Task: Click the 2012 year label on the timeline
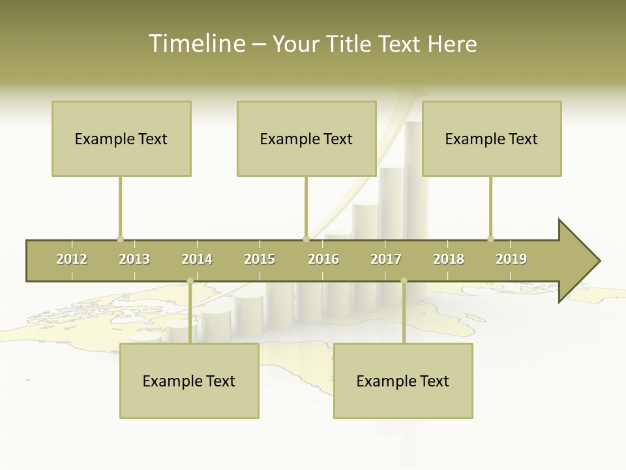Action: tap(72, 259)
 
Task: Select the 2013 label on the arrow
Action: tap(134, 259)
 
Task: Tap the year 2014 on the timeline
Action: tap(197, 259)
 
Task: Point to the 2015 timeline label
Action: tap(260, 259)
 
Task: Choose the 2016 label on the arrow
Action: tap(323, 259)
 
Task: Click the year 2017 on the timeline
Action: tap(386, 259)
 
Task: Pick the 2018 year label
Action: tap(449, 259)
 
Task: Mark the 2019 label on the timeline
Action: tap(511, 259)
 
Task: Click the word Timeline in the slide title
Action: tap(196, 44)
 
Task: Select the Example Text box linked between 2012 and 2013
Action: tap(121, 138)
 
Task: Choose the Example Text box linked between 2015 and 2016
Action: tap(306, 138)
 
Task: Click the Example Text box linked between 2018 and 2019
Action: tap(492, 138)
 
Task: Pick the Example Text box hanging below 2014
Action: tap(189, 381)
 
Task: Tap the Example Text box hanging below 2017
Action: tap(403, 381)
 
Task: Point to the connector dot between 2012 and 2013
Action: tap(120, 239)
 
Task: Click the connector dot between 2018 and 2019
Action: tap(490, 239)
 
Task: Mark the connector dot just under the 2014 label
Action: tap(190, 281)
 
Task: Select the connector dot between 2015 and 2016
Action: tap(306, 239)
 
